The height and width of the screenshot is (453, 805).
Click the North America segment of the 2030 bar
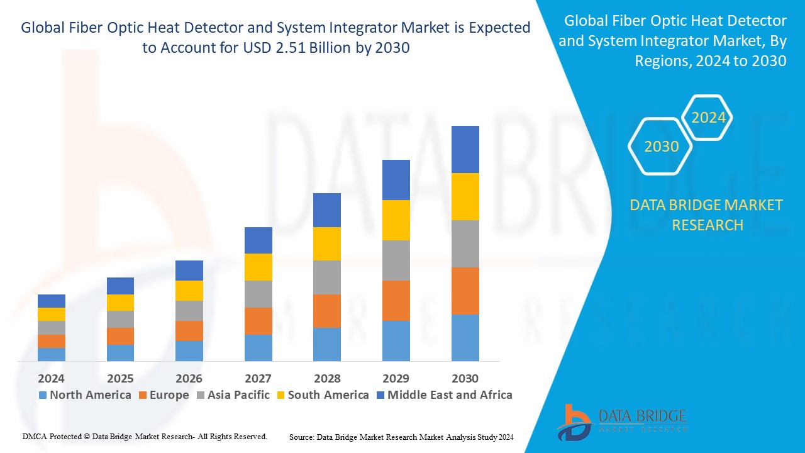click(465, 337)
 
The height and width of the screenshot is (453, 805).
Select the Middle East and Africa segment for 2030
click(465, 149)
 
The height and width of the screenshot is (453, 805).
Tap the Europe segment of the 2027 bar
click(258, 321)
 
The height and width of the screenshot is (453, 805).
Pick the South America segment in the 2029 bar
click(396, 220)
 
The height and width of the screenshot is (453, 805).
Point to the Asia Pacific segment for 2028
click(327, 277)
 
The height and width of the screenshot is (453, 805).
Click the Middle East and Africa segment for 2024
click(52, 301)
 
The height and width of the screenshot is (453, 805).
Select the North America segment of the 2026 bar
click(189, 350)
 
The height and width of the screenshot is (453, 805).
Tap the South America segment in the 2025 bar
click(120, 303)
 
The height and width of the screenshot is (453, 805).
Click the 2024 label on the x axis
click(52, 379)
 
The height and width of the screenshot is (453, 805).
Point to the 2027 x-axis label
click(258, 379)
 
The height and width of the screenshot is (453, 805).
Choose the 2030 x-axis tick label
click(465, 379)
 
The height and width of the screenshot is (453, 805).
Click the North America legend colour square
click(43, 396)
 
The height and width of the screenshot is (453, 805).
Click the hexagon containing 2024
click(708, 118)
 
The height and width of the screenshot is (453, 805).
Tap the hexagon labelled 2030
click(661, 147)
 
